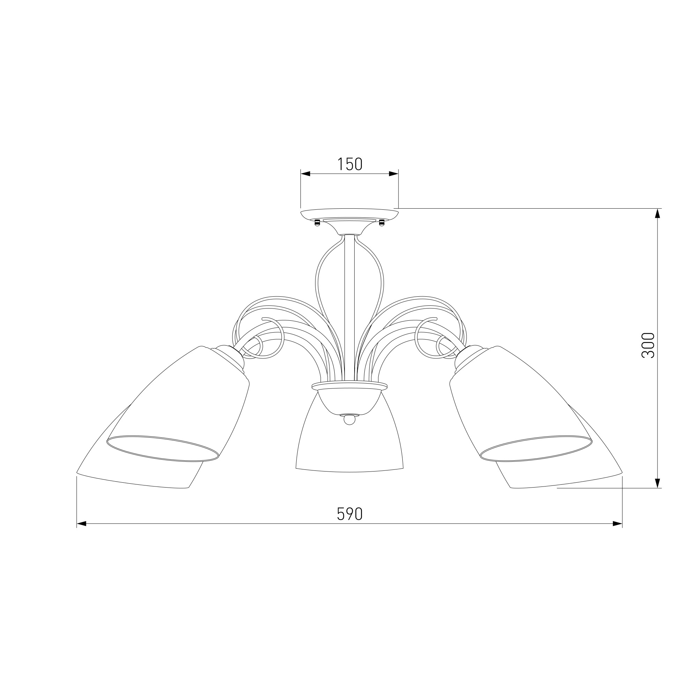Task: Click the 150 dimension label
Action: [350, 164]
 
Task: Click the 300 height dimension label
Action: [648, 346]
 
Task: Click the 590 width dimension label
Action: [350, 514]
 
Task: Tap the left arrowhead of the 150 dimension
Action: [305, 174]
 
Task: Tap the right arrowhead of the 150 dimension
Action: [393, 174]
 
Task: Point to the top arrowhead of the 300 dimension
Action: [658, 214]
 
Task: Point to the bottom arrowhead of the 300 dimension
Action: [658, 483]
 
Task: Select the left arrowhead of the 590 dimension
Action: [81, 523]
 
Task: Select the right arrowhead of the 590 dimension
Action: [617, 523]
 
